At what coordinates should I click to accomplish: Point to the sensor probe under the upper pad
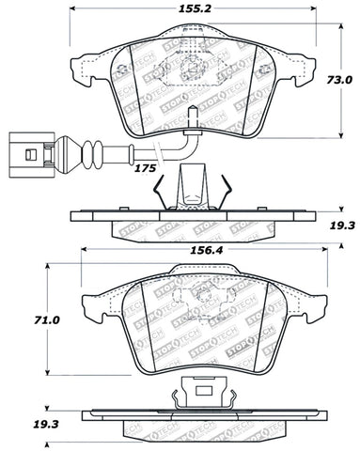[191, 118]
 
